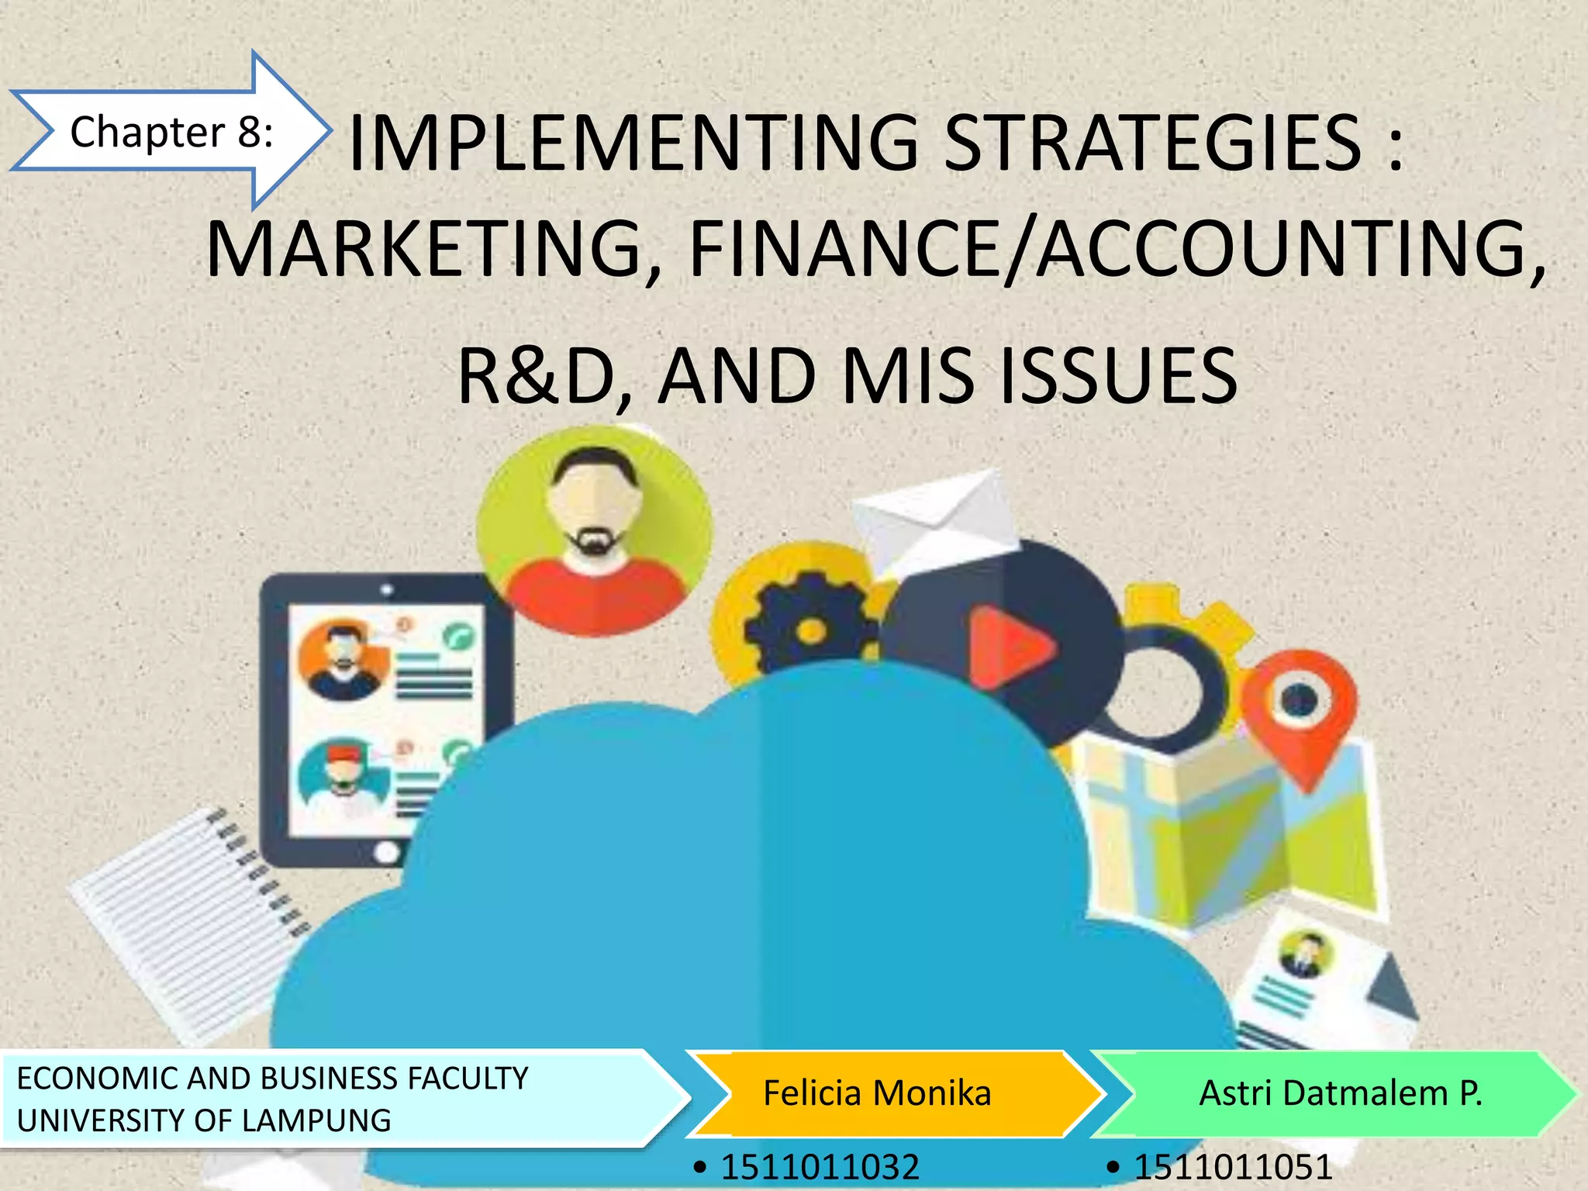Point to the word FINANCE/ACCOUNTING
[x=1117, y=250]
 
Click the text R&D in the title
[x=543, y=377]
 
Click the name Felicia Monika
[x=877, y=1093]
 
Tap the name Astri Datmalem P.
[x=1340, y=1093]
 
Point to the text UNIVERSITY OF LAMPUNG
[x=204, y=1120]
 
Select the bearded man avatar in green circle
[x=594, y=530]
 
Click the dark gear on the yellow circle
[x=806, y=628]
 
